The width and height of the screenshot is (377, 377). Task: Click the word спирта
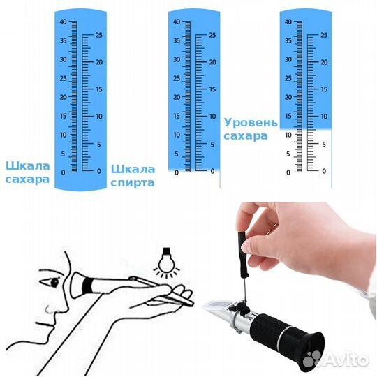point(133,183)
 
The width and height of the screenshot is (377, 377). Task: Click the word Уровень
point(246,121)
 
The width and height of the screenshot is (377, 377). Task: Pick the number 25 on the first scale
point(99,35)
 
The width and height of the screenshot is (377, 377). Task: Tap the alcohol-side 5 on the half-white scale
point(323,144)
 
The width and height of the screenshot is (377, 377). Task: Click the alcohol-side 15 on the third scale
point(323,89)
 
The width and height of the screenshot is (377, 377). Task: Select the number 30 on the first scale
point(64,59)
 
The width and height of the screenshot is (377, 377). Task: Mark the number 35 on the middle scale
point(177,40)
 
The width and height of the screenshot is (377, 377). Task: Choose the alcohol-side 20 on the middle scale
point(212,62)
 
